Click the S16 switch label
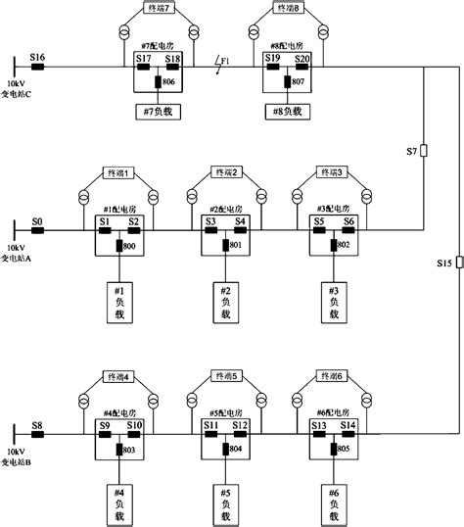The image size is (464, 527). (x=37, y=58)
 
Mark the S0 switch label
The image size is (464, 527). (x=37, y=222)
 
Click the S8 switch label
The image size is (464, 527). (x=37, y=426)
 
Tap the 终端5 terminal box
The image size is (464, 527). (x=226, y=376)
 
